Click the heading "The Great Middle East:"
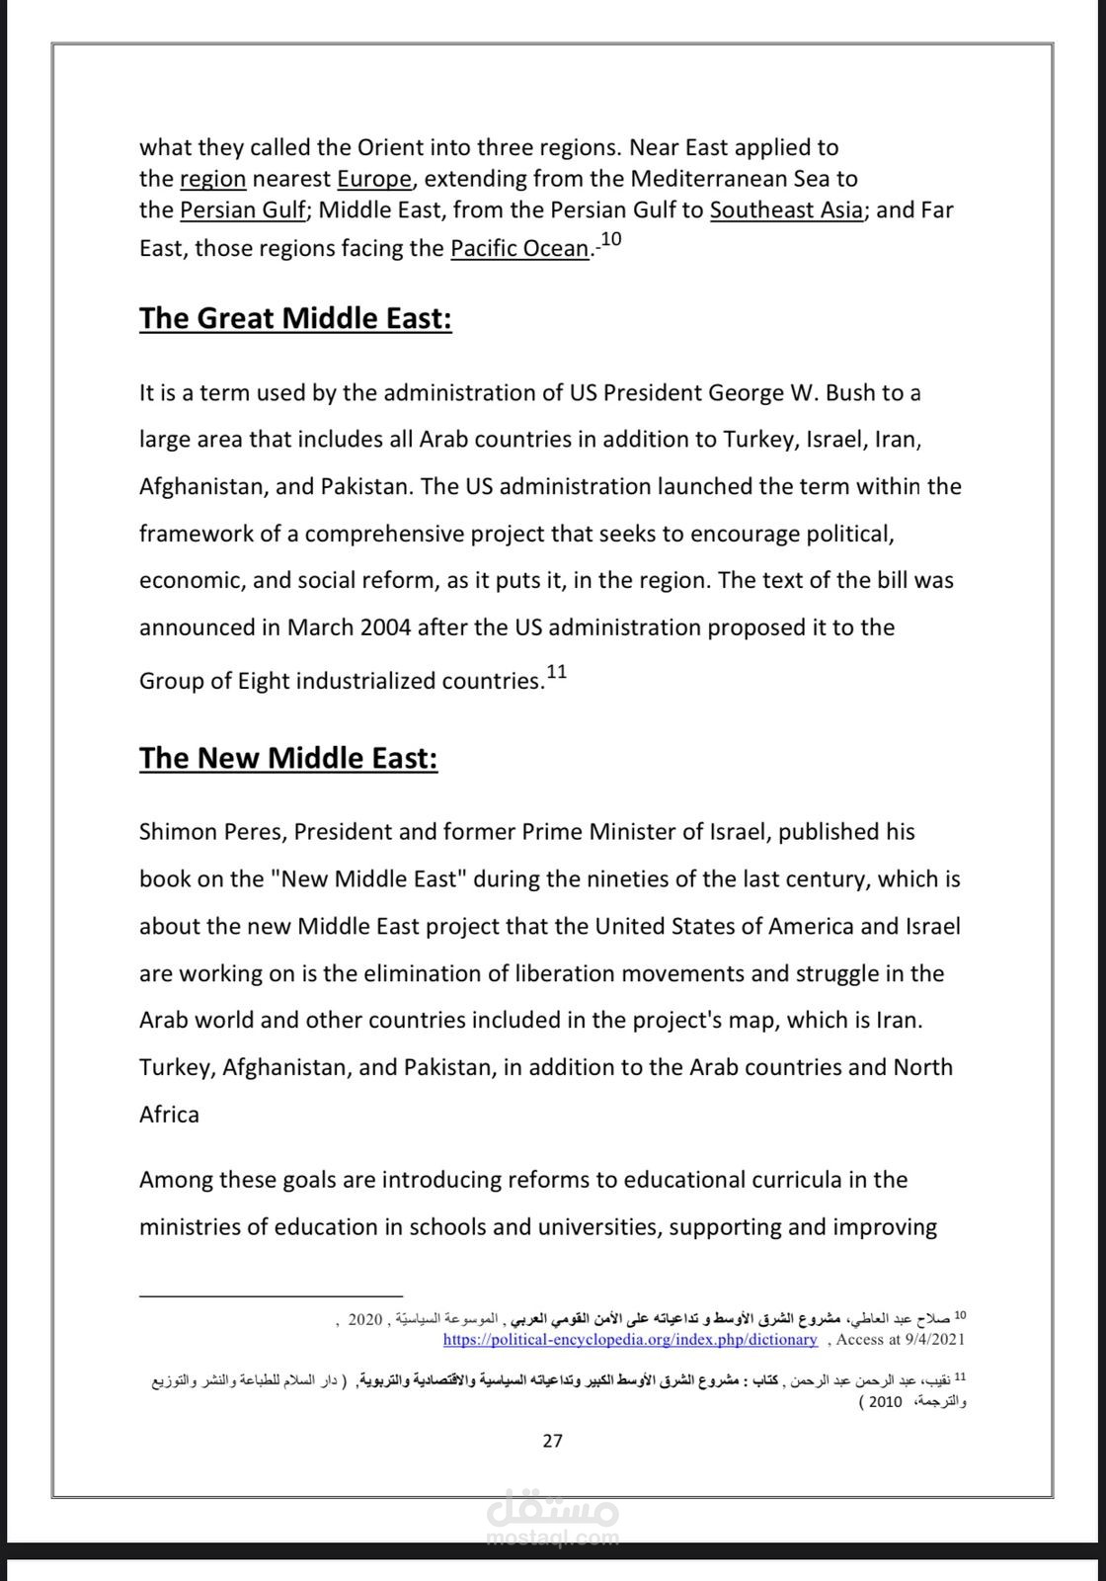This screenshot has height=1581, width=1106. tap(295, 318)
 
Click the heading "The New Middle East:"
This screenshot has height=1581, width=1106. tap(287, 758)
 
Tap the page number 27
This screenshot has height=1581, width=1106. tap(553, 1440)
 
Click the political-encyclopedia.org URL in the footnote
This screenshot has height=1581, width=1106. tap(630, 1340)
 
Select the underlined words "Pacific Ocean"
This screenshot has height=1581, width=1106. tap(519, 248)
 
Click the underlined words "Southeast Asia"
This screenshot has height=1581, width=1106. tap(786, 209)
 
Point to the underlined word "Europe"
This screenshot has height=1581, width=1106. tap(374, 179)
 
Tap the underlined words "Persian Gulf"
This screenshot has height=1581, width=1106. tap(243, 209)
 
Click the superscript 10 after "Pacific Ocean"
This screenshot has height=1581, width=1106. tap(610, 239)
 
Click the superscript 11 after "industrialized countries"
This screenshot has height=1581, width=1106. tap(557, 672)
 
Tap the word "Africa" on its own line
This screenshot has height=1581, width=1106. tap(169, 1114)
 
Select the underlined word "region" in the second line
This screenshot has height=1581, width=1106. tap(212, 179)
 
